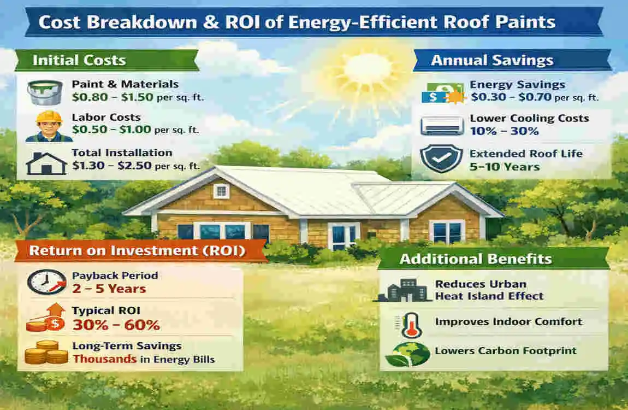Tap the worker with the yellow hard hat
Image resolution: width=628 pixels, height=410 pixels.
(x=49, y=127)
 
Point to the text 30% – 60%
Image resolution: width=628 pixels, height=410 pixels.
(x=116, y=325)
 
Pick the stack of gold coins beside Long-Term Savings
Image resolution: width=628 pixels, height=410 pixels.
(x=46, y=353)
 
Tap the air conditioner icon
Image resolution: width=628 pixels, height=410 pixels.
(x=442, y=126)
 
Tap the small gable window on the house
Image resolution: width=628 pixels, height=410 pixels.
(x=221, y=191)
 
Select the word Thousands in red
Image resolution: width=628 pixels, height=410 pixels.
(x=97, y=359)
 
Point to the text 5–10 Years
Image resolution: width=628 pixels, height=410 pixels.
(x=505, y=166)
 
